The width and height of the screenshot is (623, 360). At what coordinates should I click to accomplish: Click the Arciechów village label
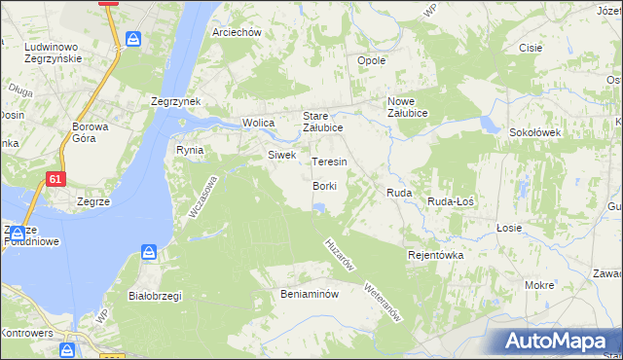(238, 32)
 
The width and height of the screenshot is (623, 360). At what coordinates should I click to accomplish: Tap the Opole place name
(372, 60)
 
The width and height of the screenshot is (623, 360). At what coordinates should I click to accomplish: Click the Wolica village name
(259, 124)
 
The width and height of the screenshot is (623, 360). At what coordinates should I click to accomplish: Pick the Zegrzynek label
(175, 101)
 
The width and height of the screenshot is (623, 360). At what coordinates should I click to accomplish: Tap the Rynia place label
(189, 150)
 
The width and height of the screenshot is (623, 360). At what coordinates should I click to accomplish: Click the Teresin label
(329, 162)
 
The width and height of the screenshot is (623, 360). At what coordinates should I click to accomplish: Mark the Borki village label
(325, 186)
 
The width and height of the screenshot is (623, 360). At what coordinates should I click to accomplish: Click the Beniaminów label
(309, 293)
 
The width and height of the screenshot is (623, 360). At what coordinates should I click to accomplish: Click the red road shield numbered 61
(57, 178)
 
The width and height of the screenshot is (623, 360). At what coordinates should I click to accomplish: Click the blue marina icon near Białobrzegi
(148, 253)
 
